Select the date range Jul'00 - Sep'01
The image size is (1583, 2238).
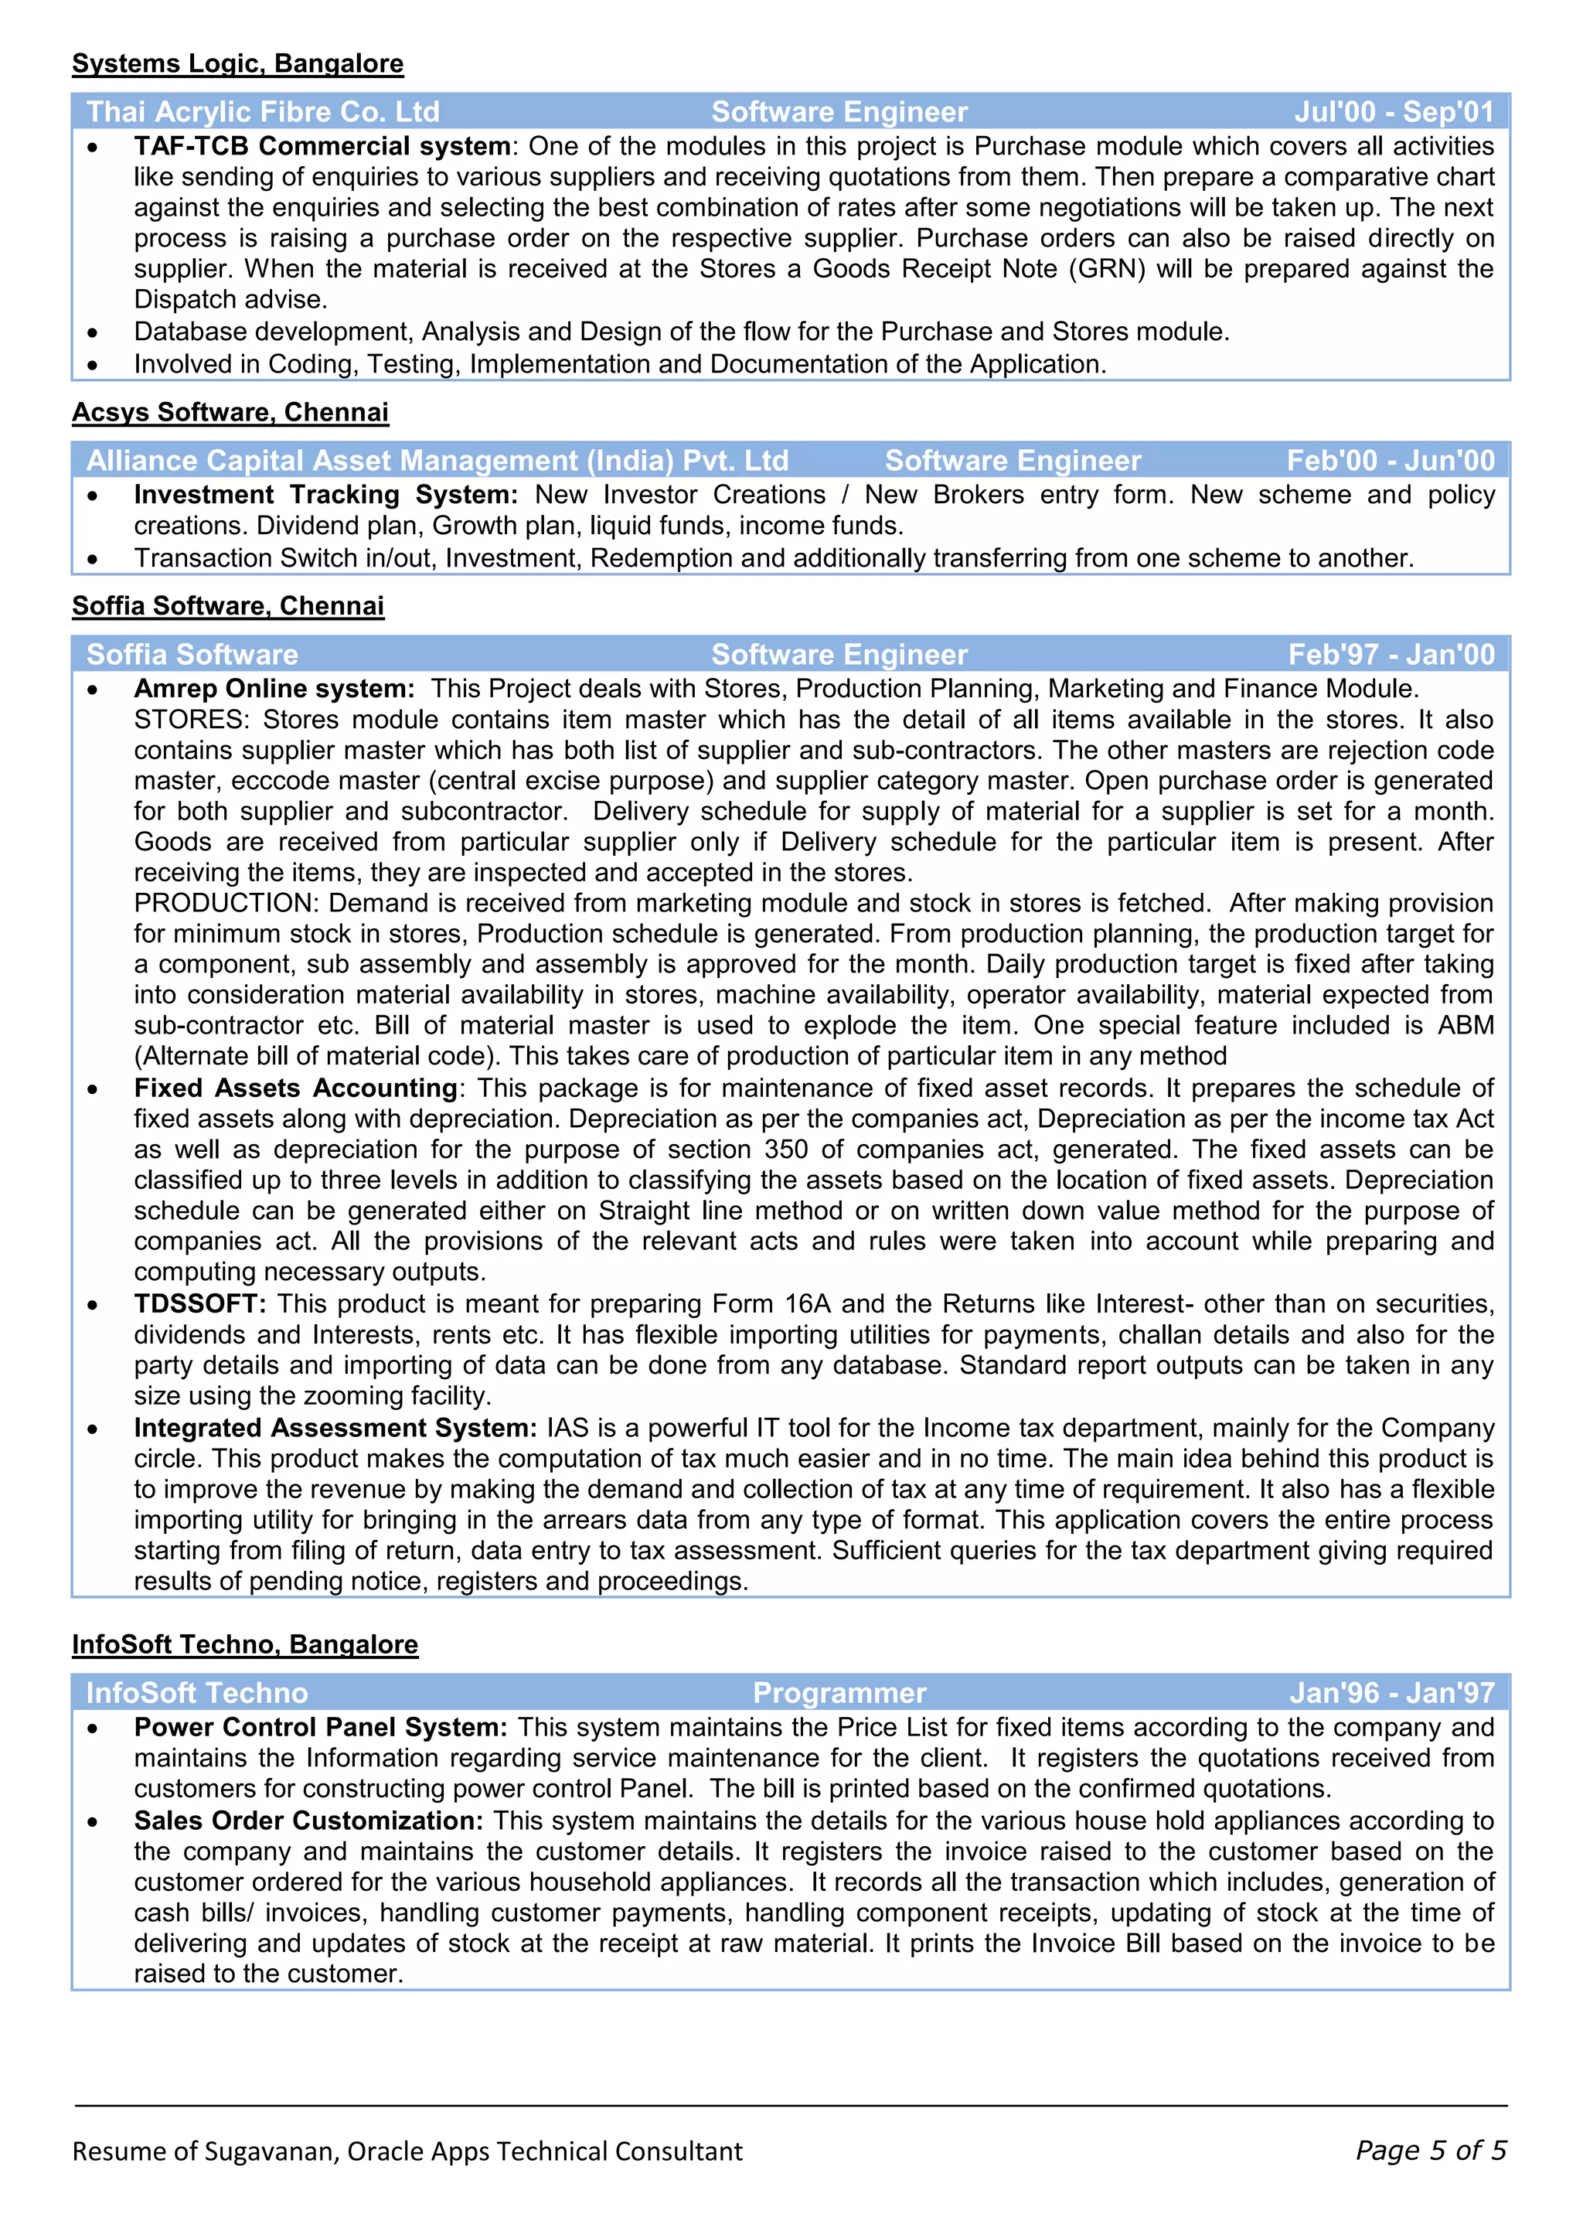click(x=1393, y=112)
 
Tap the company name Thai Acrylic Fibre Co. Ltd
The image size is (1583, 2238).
click(x=262, y=112)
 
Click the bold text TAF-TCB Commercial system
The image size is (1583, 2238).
click(x=322, y=146)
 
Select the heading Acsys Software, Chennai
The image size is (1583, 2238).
click(x=230, y=412)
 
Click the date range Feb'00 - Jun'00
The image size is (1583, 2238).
click(x=1389, y=460)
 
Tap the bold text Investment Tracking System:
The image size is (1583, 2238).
click(x=325, y=496)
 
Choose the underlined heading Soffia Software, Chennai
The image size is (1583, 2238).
click(x=228, y=606)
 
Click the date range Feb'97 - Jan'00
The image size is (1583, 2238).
click(x=1390, y=654)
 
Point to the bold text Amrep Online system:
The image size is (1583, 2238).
click(x=274, y=689)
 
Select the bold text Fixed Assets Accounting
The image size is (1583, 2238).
click(x=295, y=1088)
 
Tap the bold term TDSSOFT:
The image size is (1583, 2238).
click(x=200, y=1304)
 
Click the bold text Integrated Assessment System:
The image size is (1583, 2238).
click(x=335, y=1428)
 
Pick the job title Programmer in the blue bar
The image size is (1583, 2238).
click(x=839, y=1693)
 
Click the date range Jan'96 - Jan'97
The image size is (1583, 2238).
click(x=1391, y=1693)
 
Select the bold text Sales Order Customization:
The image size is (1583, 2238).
click(x=308, y=1821)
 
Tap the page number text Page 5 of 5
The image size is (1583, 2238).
click(x=1430, y=2151)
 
